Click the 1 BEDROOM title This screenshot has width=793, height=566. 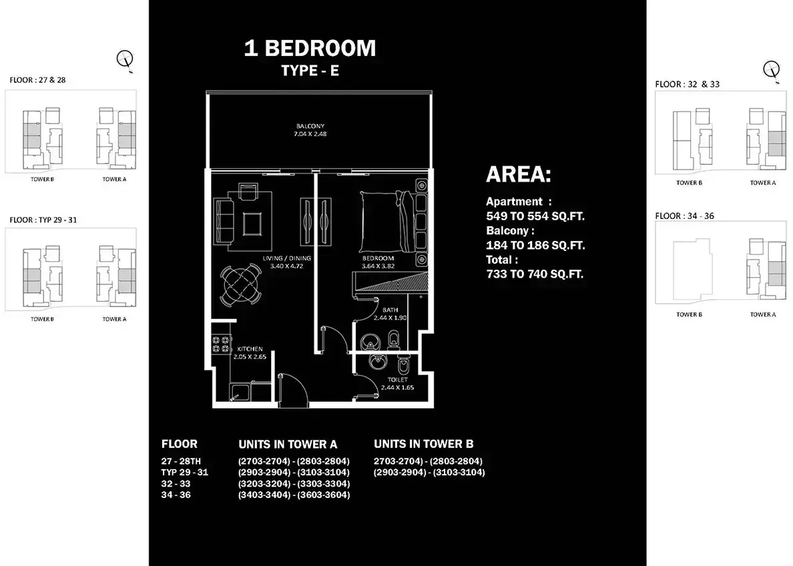tap(310, 48)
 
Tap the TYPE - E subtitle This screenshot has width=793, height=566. tap(310, 70)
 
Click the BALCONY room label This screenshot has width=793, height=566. tap(310, 126)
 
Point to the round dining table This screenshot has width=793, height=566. tap(241, 285)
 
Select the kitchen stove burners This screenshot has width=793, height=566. tap(220, 344)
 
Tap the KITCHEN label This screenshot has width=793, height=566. tap(250, 349)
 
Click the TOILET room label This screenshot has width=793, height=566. tap(398, 379)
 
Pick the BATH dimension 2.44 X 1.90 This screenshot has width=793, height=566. tap(390, 318)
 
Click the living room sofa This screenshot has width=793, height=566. tap(223, 222)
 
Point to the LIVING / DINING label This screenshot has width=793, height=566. tap(287, 258)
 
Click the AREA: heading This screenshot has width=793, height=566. tap(519, 174)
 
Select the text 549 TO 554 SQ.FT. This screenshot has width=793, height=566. tap(535, 216)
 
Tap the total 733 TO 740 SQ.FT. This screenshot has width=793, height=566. tap(535, 274)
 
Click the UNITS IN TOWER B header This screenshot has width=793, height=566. tap(423, 444)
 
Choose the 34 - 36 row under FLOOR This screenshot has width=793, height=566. tap(176, 495)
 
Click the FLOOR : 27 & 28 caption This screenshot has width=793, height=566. tap(37, 80)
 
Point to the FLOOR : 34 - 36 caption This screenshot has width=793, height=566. tap(684, 216)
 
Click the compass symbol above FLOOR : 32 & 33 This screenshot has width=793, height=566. tap(772, 69)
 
